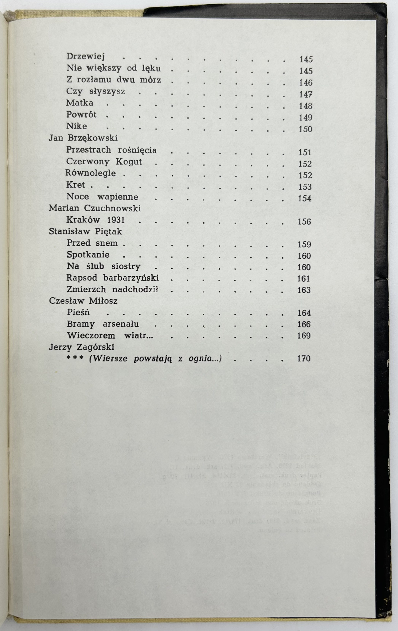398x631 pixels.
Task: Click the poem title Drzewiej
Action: (86, 56)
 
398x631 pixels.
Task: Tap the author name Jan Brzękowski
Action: (83, 138)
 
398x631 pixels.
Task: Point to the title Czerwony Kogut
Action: (104, 162)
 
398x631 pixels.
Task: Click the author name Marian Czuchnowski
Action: (95, 208)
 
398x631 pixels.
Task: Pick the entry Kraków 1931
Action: (96, 220)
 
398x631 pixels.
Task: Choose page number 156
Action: (304, 222)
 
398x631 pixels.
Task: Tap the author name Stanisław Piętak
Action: (85, 231)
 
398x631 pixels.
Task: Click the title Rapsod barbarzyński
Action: (112, 278)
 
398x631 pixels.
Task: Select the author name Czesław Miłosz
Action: (83, 301)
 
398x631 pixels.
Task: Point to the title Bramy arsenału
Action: (103, 324)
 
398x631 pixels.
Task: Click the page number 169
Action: (304, 336)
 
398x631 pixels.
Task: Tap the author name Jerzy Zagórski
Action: (82, 347)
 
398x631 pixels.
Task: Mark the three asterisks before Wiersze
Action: (75, 358)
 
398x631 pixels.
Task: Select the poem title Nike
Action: (77, 126)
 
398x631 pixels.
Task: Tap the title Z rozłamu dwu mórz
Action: (114, 80)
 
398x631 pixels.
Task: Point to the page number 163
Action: (304, 290)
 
